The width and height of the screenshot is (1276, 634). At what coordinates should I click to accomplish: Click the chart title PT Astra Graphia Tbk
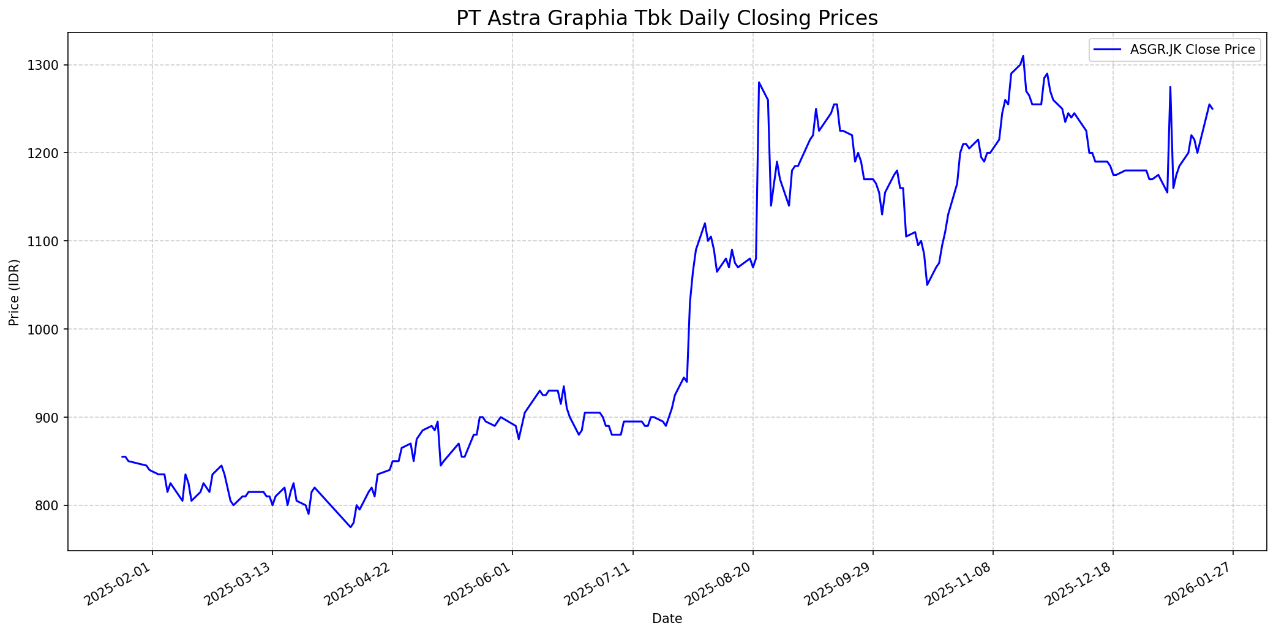click(667, 18)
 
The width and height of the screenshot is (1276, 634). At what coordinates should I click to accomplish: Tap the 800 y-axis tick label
click(49, 505)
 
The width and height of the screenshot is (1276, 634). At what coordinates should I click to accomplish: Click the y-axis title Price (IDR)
click(14, 292)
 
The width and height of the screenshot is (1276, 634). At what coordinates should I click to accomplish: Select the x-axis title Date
click(667, 619)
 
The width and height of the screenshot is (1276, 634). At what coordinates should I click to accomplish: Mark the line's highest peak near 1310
click(1023, 56)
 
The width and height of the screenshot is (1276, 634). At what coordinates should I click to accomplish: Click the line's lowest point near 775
click(350, 527)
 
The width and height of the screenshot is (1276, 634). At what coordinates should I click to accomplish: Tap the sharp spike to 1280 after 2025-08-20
click(759, 82)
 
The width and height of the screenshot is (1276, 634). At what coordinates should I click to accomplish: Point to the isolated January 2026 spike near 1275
click(1170, 86)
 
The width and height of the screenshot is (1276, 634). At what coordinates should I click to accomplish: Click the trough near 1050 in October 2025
click(927, 285)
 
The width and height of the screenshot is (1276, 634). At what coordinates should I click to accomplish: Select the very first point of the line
click(122, 456)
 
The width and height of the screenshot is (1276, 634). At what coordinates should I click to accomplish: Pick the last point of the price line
click(1212, 109)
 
